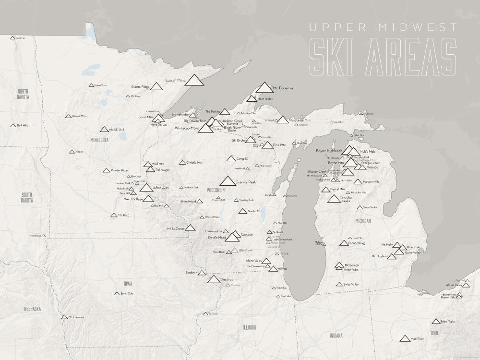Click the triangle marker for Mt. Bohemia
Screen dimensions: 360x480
click(264, 87)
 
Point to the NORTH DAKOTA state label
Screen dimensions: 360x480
click(23, 94)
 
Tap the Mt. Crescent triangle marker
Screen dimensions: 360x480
click(64, 317)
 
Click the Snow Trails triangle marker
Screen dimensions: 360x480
click(436, 322)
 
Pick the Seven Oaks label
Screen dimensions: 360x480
click(127, 293)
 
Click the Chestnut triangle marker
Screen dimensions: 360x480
click(214, 279)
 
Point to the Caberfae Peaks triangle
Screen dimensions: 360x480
click(334, 199)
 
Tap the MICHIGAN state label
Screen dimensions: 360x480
click(363, 221)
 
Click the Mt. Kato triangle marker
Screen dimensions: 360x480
click(114, 215)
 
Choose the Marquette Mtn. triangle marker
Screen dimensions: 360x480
click(283, 120)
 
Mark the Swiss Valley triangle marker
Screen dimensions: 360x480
click(339, 285)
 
